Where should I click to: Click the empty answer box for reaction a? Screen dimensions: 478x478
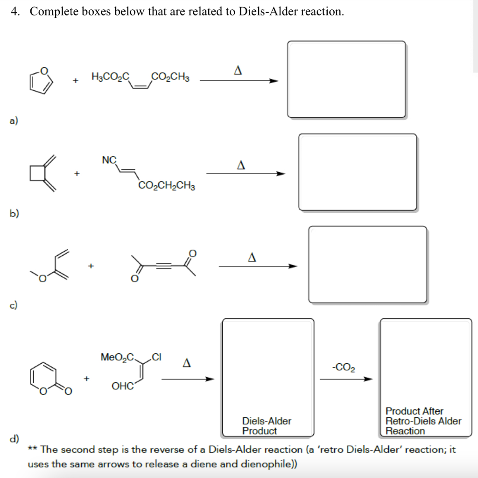tap(346, 79)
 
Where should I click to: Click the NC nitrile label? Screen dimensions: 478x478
tap(109, 160)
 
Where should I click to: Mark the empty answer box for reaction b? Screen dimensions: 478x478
tap(358, 172)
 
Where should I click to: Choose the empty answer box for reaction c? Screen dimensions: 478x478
tap(367, 265)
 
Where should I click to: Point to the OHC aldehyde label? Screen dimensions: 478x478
tap(122, 386)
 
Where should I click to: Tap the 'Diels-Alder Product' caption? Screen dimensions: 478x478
tap(267, 426)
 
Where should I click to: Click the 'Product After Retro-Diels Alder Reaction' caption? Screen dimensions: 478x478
tap(423, 421)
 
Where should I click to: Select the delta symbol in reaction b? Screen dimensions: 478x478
tap(241, 165)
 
